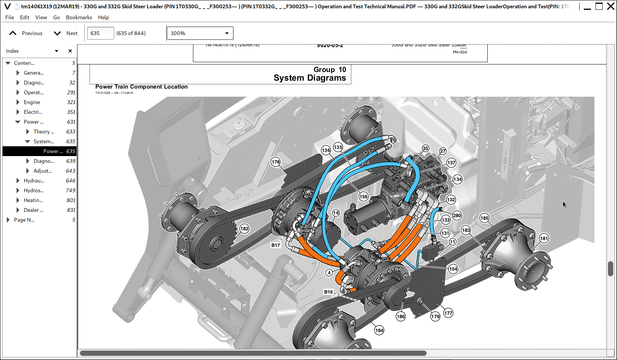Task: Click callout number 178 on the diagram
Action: coord(276,162)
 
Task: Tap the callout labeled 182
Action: coord(244,229)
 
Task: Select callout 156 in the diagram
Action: coord(363,196)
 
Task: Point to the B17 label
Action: coord(276,245)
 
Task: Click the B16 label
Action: coord(329,292)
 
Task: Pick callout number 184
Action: coord(379,331)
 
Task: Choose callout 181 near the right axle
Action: coord(544,238)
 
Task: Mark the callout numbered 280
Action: coord(457,216)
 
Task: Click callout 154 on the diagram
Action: coord(453,269)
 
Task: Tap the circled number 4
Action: coord(329,273)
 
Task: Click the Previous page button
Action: coord(26,33)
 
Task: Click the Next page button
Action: coord(66,33)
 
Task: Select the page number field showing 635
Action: coord(100,33)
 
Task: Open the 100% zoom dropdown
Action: coord(200,33)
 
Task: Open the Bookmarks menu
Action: coord(79,17)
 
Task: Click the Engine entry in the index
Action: coord(32,102)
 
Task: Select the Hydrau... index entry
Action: coord(34,181)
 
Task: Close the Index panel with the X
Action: coord(70,51)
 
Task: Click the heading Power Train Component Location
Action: coord(141,87)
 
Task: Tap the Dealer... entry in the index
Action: coord(33,210)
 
